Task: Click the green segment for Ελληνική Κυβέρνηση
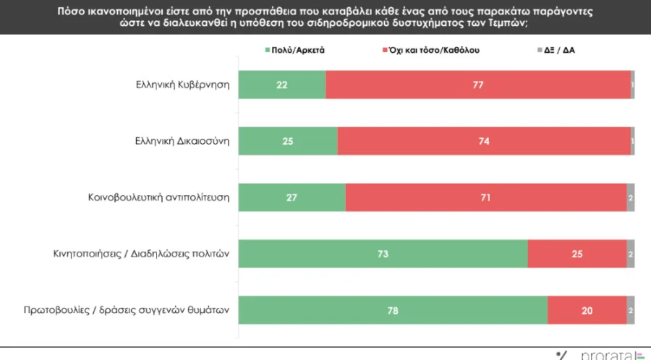pos(282,85)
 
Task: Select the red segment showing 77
pos(477,85)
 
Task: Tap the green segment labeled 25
pos(288,141)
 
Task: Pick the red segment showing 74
pos(483,141)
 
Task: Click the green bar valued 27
pos(292,197)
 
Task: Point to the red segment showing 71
pos(485,197)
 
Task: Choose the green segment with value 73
pos(383,254)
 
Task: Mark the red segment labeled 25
pos(576,254)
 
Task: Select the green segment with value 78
pos(393,310)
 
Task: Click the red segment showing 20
pos(587,310)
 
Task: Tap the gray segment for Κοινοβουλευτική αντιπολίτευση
pos(631,197)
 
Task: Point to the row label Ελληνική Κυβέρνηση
pos(182,85)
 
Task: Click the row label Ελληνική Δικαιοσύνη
pos(182,141)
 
